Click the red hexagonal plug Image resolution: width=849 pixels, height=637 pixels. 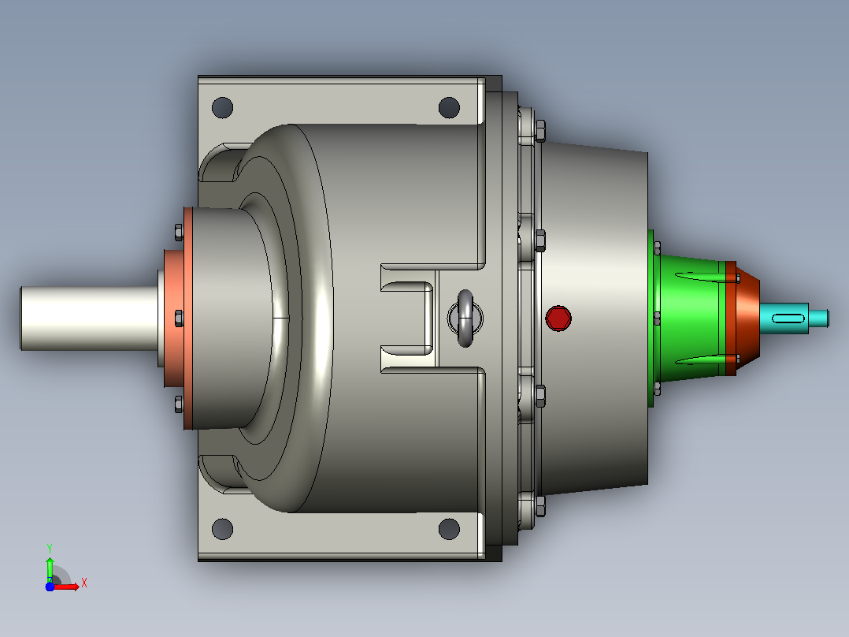(x=558, y=318)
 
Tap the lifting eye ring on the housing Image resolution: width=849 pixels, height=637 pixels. (x=465, y=318)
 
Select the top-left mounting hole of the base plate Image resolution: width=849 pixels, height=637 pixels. (x=223, y=107)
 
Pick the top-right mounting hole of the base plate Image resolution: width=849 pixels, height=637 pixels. (x=449, y=107)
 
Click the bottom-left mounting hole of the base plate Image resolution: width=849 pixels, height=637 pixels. (x=223, y=529)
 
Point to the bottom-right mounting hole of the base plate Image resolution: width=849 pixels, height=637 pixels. (x=449, y=529)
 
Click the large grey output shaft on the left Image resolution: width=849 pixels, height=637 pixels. (x=90, y=318)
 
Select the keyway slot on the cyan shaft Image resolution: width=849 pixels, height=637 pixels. (x=788, y=318)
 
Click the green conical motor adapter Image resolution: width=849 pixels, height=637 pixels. (x=688, y=318)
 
